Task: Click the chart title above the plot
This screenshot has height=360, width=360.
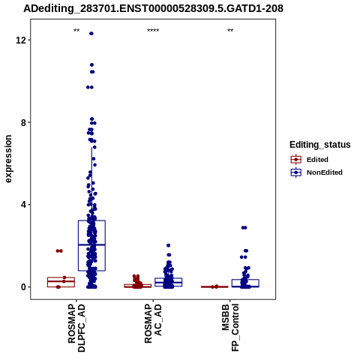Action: [x=153, y=9]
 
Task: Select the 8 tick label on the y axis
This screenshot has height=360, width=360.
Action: [x=23, y=122]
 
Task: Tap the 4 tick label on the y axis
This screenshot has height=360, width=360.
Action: [x=23, y=205]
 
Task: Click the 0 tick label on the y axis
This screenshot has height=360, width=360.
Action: [x=23, y=287]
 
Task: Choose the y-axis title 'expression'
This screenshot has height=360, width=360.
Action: [x=8, y=159]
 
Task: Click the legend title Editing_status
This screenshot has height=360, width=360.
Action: [x=320, y=145]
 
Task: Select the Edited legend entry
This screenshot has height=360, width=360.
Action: [x=309, y=160]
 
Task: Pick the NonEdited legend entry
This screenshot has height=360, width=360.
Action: [x=316, y=172]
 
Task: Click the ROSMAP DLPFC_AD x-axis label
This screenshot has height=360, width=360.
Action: [x=76, y=328]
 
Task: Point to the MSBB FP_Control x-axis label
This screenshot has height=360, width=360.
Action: [x=230, y=328]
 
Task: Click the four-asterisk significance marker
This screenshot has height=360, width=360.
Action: [x=153, y=31]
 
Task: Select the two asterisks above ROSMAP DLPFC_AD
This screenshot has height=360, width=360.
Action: [x=76, y=31]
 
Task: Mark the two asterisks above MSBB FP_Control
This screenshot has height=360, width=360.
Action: [x=230, y=31]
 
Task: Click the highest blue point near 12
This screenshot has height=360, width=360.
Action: [x=91, y=34]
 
